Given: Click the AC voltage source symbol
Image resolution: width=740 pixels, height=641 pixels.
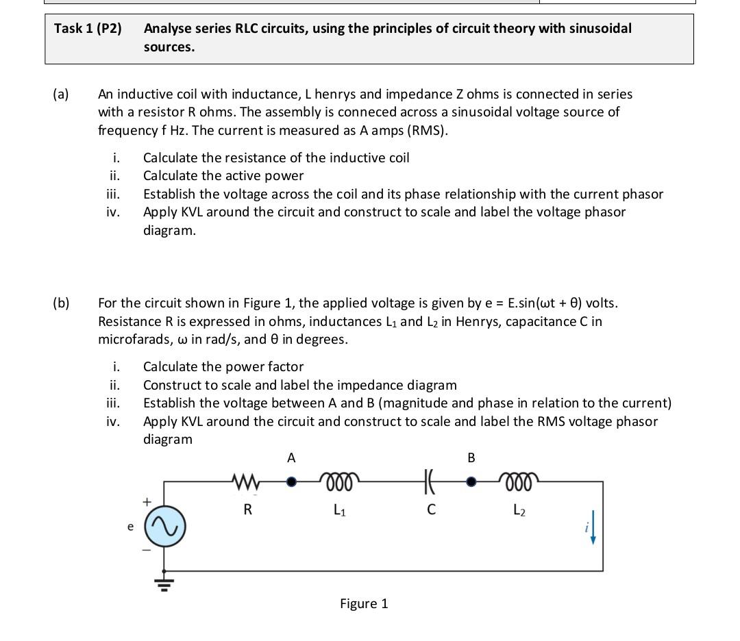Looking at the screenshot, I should click(x=164, y=526).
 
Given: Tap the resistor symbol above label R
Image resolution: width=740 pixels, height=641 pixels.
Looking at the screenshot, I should click(x=247, y=481).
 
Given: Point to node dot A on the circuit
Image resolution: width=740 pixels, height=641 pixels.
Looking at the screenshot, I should click(x=291, y=481).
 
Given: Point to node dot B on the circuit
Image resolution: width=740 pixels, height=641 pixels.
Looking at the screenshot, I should click(x=471, y=481).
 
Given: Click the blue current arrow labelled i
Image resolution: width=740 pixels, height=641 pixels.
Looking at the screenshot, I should click(x=593, y=529).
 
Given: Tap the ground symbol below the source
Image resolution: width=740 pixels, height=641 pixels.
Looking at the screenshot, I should click(x=164, y=583).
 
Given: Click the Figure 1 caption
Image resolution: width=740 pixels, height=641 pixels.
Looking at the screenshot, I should click(x=364, y=603).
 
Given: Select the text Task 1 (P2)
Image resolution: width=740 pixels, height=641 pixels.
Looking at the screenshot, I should click(x=88, y=29).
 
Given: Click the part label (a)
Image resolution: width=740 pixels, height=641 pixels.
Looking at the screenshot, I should click(x=60, y=95).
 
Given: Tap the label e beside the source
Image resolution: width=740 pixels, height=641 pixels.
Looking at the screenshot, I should click(x=130, y=527).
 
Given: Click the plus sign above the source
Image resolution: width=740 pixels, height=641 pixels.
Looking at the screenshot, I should click(x=145, y=502).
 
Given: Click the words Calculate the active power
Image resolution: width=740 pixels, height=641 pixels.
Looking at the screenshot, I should click(x=223, y=176).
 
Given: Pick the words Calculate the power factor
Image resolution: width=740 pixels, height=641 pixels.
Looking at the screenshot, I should click(x=223, y=367).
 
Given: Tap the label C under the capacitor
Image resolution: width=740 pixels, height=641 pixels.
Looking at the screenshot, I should click(x=430, y=510).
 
